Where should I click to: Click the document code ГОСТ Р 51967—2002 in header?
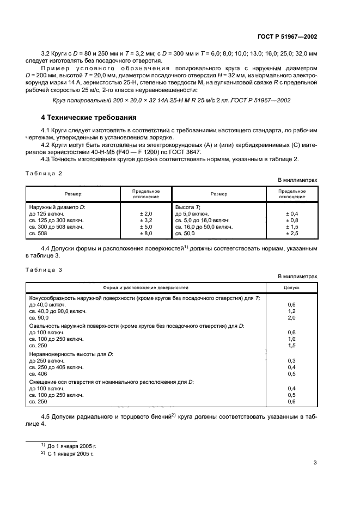(x=287, y=37)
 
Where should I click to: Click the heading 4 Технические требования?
(x=89, y=117)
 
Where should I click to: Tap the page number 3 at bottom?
(x=315, y=463)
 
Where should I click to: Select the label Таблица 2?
(x=45, y=173)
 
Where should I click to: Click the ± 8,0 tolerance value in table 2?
(x=146, y=233)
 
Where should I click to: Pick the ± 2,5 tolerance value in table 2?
(x=292, y=233)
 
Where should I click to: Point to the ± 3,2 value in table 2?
(x=146, y=220)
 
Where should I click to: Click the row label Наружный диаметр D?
(x=57, y=207)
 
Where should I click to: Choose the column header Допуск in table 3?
(x=291, y=287)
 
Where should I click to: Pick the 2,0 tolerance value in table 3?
(x=291, y=317)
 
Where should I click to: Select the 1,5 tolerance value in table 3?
(x=291, y=345)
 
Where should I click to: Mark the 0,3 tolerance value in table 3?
(x=291, y=361)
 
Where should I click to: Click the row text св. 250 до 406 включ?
(x=56, y=367)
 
